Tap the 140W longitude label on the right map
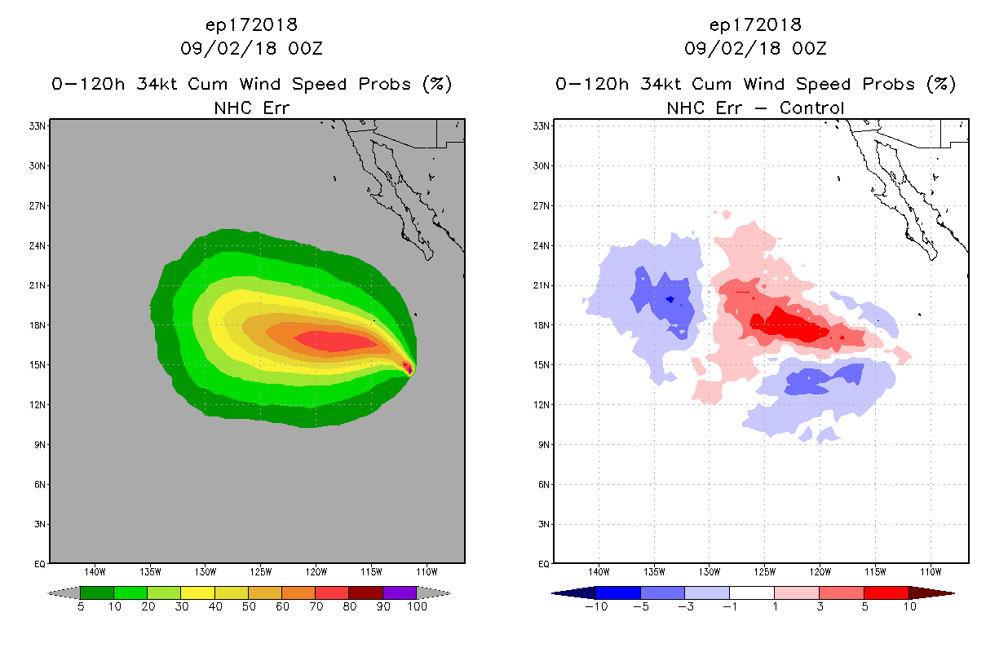599,570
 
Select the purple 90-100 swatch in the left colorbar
400,593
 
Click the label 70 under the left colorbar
316,606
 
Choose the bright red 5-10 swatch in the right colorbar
886,593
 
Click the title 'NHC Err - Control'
755,108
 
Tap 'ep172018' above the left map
251,25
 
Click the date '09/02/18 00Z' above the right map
755,48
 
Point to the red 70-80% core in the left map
334,341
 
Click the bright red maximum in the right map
786,324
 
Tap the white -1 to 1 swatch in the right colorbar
751,593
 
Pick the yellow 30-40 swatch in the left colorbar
197,593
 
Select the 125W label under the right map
765,570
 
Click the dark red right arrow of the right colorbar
942,593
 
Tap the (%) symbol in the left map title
437,85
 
